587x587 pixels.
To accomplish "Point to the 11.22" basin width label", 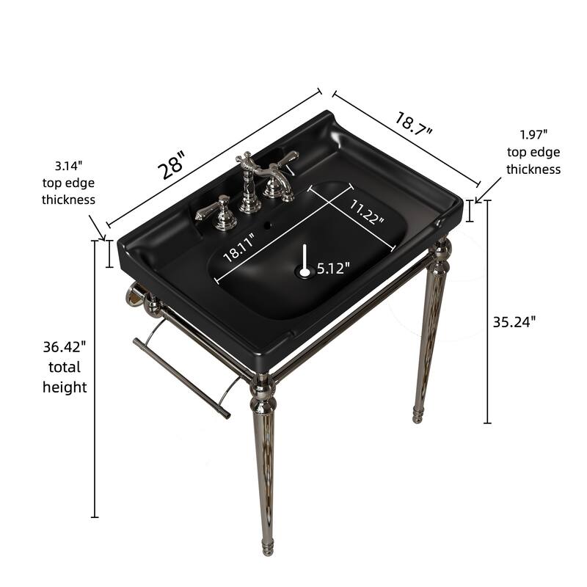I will (366, 212).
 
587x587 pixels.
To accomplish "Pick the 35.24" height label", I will (514, 321).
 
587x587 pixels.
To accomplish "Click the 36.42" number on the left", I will (65, 346).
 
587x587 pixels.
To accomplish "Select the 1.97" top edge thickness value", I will (533, 134).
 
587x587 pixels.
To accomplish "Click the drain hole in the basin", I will (305, 271).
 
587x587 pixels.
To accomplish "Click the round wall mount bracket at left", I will (134, 295).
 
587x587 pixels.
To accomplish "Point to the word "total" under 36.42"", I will (65, 367).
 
